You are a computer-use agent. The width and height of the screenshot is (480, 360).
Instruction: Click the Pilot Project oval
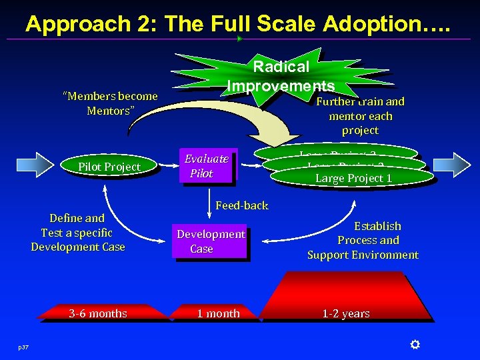109,167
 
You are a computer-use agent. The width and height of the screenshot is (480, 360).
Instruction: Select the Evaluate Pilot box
207,166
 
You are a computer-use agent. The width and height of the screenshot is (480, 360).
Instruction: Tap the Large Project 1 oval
353,178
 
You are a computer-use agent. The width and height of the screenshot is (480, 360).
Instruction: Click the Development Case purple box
210,241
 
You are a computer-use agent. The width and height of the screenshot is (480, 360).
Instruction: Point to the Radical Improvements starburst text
281,76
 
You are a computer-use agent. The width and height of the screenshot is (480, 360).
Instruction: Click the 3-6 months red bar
99,313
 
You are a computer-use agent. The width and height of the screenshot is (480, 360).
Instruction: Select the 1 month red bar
218,313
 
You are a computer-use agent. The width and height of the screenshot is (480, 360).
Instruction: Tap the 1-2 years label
346,313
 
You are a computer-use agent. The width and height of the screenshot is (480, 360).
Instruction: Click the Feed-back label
242,205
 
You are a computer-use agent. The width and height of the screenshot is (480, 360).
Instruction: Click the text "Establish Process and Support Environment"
363,240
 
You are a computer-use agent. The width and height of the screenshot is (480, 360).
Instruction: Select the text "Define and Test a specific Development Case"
78,232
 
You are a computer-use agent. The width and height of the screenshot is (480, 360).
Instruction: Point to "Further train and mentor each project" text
360,116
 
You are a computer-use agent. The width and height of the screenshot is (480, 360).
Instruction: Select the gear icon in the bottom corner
415,345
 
